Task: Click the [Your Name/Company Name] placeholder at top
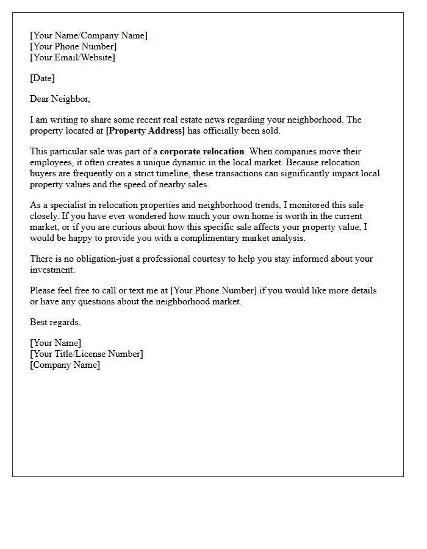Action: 88,35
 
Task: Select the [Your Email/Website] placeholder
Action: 72,57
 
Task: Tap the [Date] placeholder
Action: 42,78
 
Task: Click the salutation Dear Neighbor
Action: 60,99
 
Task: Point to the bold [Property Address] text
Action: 145,131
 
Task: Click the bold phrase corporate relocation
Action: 202,151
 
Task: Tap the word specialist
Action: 68,206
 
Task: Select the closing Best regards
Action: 55,321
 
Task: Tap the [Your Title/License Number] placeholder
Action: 86,354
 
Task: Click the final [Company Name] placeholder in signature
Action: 65,365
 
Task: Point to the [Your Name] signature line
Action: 55,343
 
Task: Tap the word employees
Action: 51,162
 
